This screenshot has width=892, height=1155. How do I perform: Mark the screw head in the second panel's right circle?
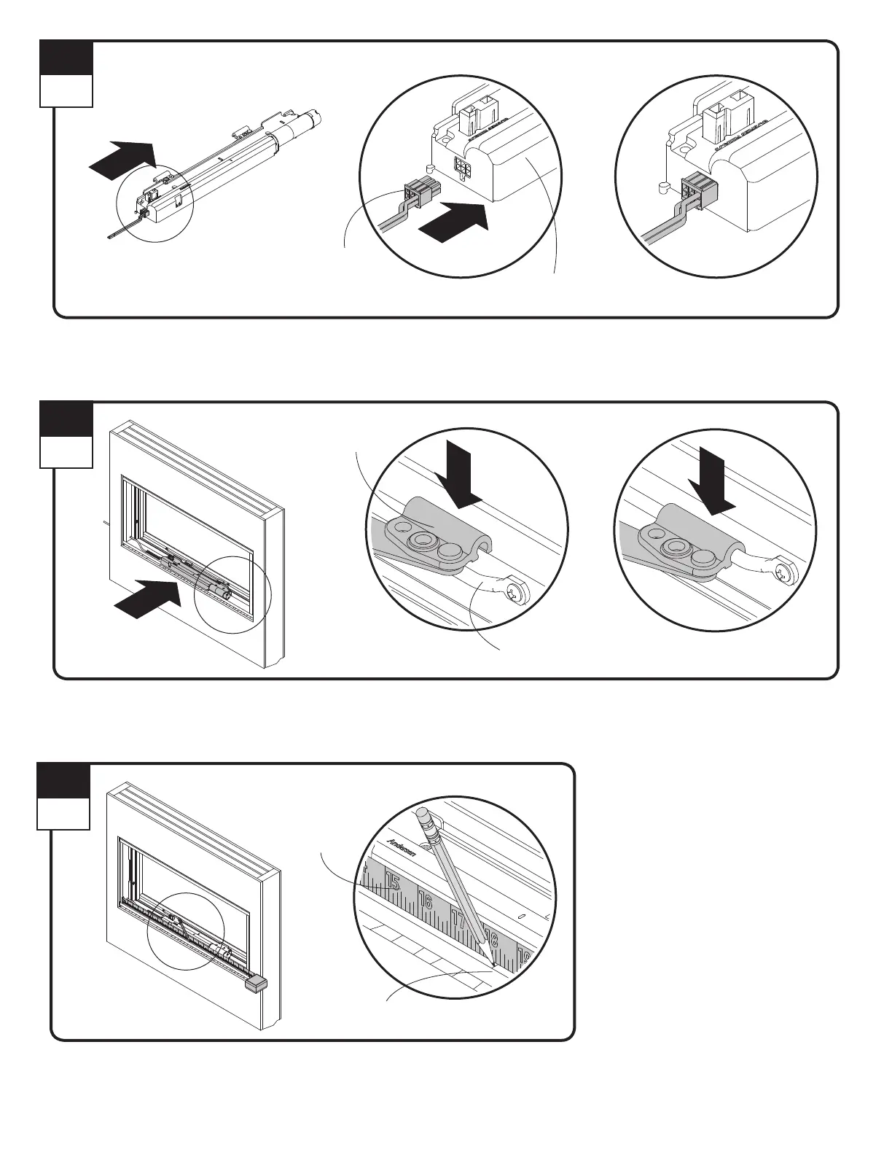pos(786,572)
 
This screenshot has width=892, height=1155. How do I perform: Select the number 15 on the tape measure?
pos(393,882)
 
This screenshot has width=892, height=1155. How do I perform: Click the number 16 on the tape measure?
pos(426,902)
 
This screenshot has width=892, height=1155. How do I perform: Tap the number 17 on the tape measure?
pos(458,920)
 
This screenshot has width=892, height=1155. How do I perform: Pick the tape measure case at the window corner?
pos(256,985)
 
